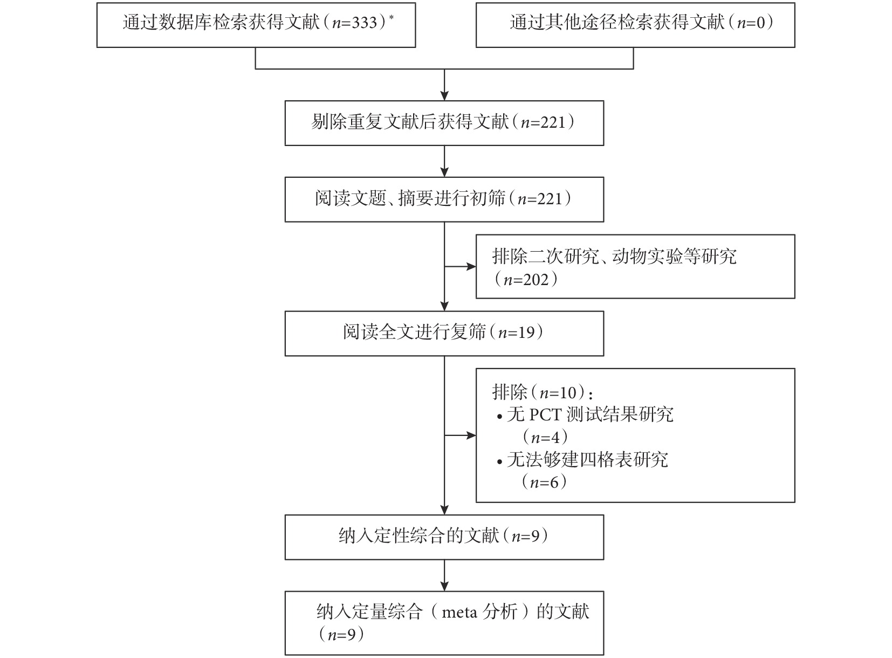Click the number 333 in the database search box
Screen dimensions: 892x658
pyautogui.click(x=365, y=23)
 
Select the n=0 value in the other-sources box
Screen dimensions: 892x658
pyautogui.click(x=751, y=23)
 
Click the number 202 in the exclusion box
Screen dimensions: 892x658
pyautogui.click(x=536, y=279)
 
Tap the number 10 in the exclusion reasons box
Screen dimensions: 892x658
pyautogui.click(x=568, y=393)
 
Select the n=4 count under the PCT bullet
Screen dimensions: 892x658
pyautogui.click(x=545, y=438)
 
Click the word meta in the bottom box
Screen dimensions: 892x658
pyautogui.click(x=459, y=612)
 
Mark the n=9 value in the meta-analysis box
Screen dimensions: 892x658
pyautogui.click(x=342, y=635)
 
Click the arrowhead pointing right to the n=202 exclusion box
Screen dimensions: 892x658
pyautogui.click(x=471, y=267)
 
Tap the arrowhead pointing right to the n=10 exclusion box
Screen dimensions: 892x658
pyautogui.click(x=471, y=435)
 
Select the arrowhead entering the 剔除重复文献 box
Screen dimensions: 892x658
pyautogui.click(x=444, y=95)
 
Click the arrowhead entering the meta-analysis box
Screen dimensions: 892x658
pyautogui.click(x=444, y=586)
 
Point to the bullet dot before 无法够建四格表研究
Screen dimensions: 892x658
pyautogui.click(x=500, y=462)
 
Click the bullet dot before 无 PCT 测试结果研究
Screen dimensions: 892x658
pyautogui.click(x=500, y=417)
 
